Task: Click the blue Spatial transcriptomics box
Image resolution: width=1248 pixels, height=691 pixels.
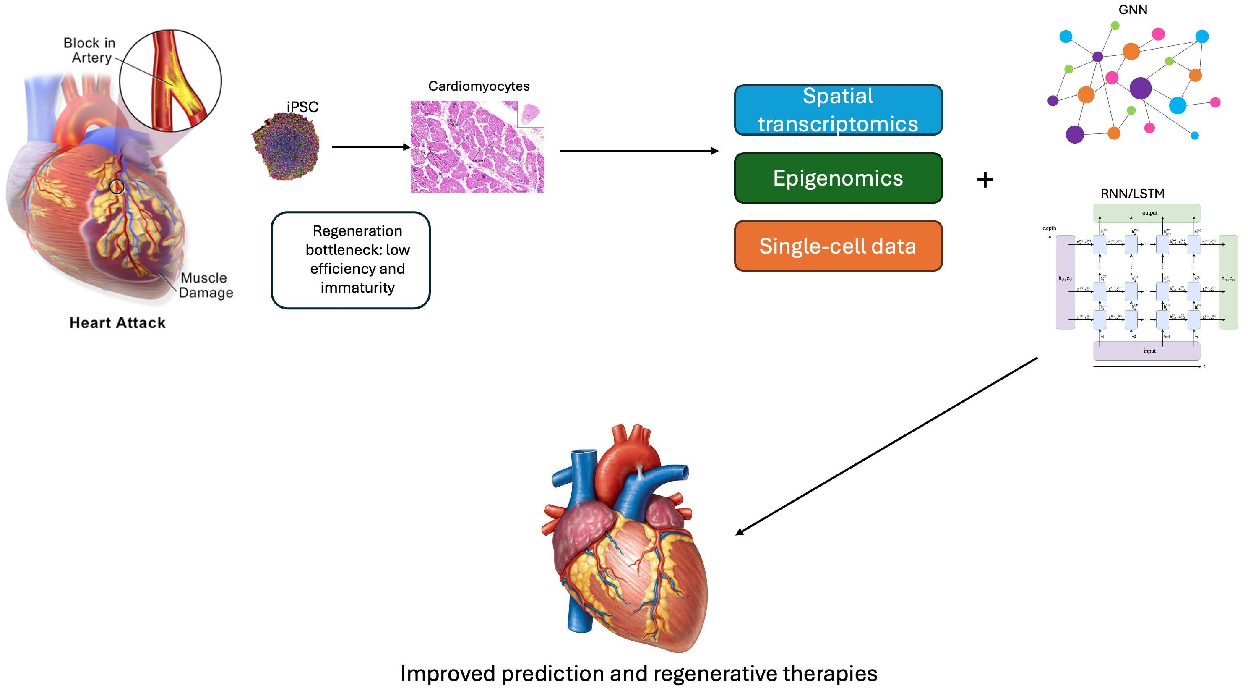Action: tap(838, 110)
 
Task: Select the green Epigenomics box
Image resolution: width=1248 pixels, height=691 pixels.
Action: tap(838, 178)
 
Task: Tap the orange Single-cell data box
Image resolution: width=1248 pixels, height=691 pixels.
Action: tap(838, 246)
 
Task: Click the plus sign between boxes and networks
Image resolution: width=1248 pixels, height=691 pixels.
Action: tap(985, 180)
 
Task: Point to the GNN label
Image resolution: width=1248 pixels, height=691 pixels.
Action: tap(1132, 10)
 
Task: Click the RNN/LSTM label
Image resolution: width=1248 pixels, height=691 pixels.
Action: tap(1132, 194)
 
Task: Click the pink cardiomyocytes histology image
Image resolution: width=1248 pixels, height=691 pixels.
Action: tap(477, 147)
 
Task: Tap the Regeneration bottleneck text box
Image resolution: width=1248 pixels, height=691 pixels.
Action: tap(350, 260)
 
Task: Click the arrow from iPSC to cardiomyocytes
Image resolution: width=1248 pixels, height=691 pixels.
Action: tap(370, 147)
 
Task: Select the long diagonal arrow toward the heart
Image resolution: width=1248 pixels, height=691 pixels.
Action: tap(886, 446)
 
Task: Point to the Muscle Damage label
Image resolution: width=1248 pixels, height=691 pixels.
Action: tap(206, 285)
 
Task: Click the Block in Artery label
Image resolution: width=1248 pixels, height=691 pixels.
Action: tap(90, 50)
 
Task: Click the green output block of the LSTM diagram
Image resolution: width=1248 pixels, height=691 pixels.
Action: tap(1146, 213)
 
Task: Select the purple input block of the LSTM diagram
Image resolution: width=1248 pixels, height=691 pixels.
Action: tap(1146, 351)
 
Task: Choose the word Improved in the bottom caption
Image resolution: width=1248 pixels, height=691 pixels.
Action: tap(448, 673)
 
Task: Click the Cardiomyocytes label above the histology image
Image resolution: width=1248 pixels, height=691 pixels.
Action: tap(479, 86)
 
